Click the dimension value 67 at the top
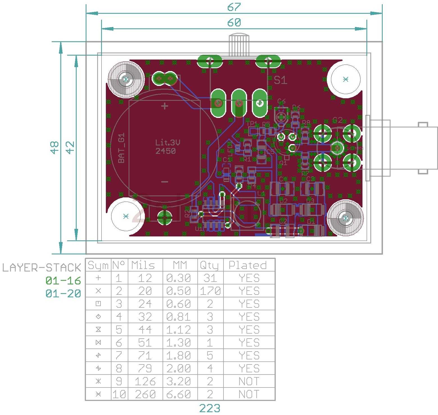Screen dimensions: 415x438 coord(234,7)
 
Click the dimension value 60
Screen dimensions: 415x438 coord(234,22)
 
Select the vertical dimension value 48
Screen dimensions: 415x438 coord(54,147)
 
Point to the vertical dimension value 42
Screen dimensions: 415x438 coord(70,147)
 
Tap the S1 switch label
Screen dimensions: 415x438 coord(280,80)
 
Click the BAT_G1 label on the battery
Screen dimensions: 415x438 coord(121,148)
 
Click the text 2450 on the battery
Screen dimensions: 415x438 coord(166,151)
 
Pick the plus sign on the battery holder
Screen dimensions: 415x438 coord(165,106)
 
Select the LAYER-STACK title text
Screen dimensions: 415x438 coord(42,268)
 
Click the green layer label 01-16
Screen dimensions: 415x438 coord(63,281)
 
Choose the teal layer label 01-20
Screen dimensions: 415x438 coord(63,294)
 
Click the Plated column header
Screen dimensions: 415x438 coord(248,265)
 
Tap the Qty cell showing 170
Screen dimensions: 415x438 coord(210,291)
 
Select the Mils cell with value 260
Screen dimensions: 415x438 coord(145,395)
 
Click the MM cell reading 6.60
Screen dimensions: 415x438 coord(179,395)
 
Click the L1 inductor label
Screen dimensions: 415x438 coord(261,194)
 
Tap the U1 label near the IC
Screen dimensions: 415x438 coord(199,229)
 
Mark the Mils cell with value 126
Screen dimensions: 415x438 coord(145,382)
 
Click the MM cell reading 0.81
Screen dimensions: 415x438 coord(179,317)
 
